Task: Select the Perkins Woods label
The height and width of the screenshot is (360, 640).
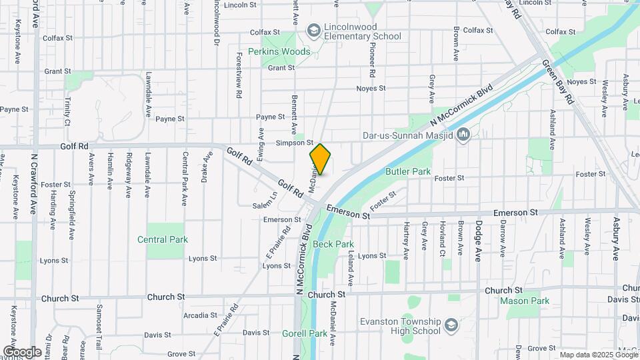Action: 279,51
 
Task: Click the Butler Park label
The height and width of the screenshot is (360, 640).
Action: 408,171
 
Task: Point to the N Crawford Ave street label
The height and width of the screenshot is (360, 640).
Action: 33,184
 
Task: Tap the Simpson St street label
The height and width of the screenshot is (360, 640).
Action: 295,143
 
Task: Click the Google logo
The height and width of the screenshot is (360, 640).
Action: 22,351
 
